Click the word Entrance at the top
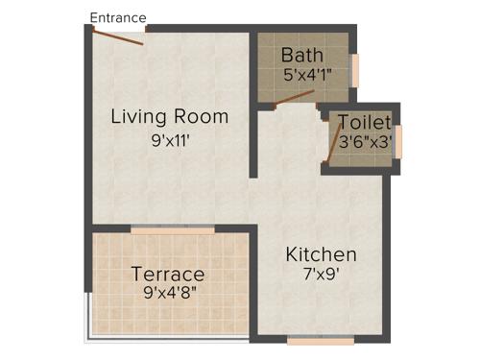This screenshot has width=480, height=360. pyautogui.click(x=117, y=17)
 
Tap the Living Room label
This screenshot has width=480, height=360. pyautogui.click(x=170, y=117)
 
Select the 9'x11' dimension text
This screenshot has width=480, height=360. pyautogui.click(x=170, y=138)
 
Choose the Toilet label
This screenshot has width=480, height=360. pyautogui.click(x=364, y=123)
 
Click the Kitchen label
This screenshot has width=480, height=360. pyautogui.click(x=321, y=254)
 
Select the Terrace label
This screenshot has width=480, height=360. pyautogui.click(x=168, y=275)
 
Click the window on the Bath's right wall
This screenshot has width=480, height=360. pyautogui.click(x=354, y=69)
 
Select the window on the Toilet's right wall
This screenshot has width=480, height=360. pyautogui.click(x=397, y=139)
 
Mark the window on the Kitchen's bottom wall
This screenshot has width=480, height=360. pyautogui.click(x=321, y=339)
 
